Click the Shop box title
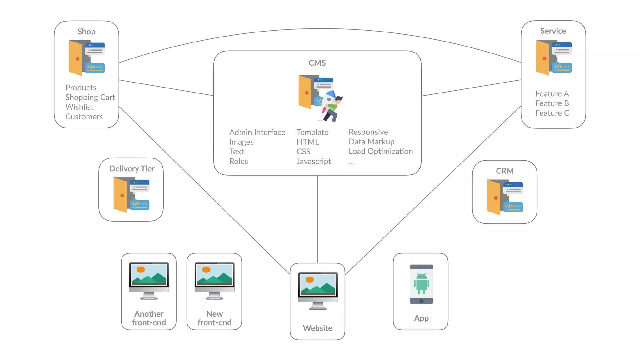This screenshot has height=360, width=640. point(87,32)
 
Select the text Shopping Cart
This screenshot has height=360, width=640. point(90,97)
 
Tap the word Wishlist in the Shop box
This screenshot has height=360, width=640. point(79,107)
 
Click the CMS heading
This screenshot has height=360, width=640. point(317,63)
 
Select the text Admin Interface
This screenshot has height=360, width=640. point(257,132)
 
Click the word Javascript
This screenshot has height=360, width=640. point(313,161)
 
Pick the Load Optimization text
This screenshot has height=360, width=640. point(380,151)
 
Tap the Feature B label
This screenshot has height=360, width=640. point(552,103)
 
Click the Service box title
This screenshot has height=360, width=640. point(553,31)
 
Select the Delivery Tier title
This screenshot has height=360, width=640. point(132,168)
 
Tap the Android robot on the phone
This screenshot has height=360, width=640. point(421,283)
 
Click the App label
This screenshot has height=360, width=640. point(421,318)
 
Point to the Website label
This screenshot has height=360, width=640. point(317,328)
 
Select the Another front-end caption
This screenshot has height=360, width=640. point(149,318)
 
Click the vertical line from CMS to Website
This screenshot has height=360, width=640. point(317,219)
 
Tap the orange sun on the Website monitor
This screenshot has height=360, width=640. point(309,280)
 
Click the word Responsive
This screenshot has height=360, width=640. point(368,132)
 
